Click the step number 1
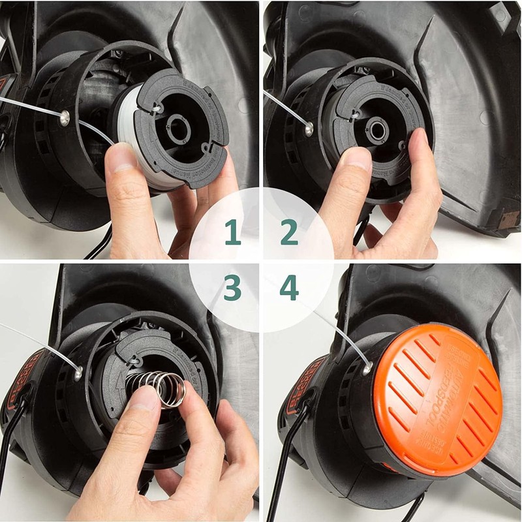point(232,233)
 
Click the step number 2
point(289,233)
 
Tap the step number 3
point(232,288)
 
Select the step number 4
point(289,288)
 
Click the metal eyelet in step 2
point(309,129)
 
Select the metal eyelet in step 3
point(78,373)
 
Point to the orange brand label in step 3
point(20,378)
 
